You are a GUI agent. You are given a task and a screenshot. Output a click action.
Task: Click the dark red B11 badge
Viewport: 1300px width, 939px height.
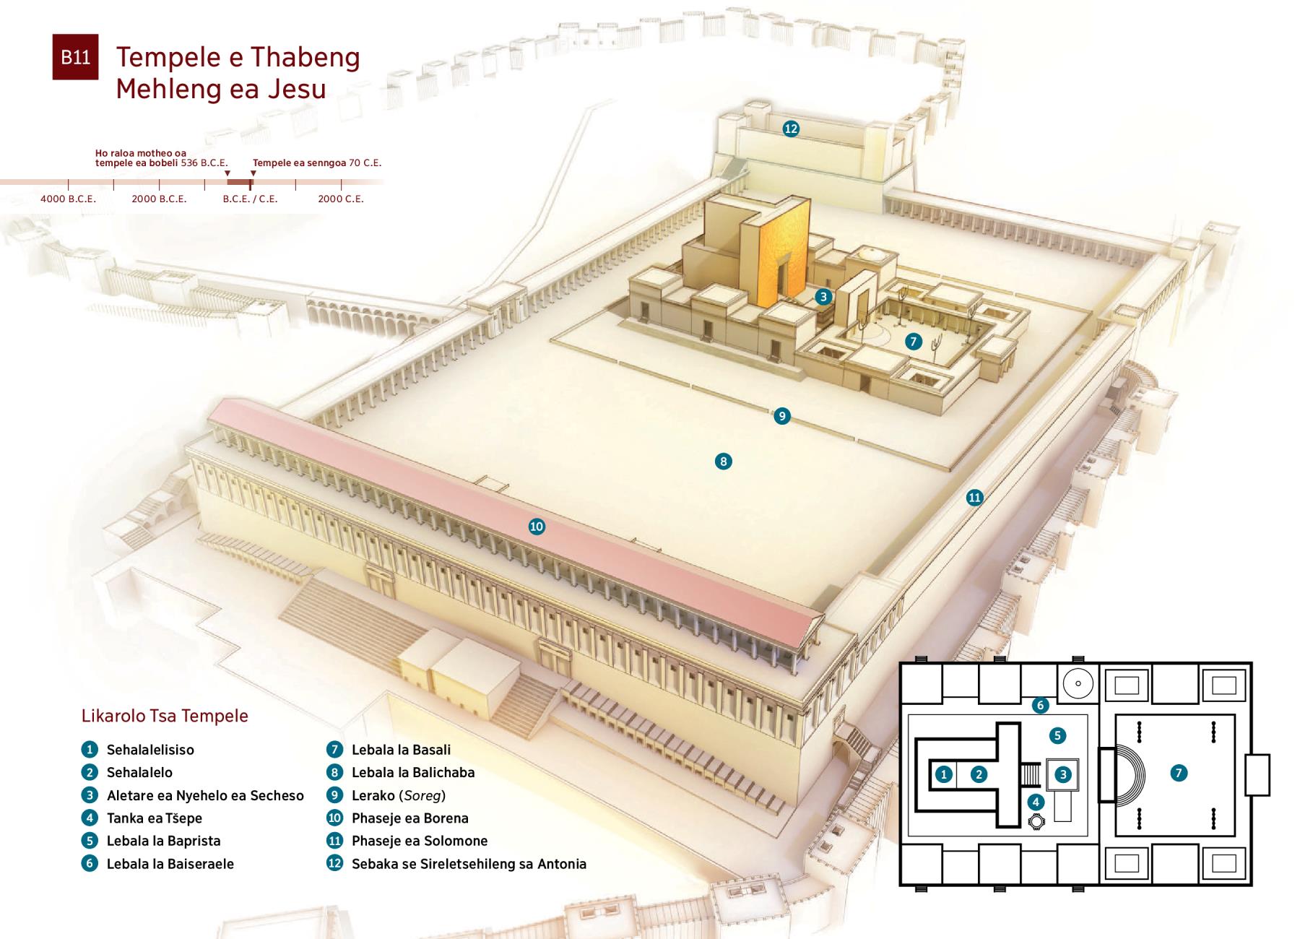coord(75,57)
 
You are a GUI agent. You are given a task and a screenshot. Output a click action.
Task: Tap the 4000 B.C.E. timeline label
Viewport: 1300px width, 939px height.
coord(68,199)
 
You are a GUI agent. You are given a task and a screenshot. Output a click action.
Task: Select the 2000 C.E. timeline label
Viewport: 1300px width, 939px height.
coord(341,199)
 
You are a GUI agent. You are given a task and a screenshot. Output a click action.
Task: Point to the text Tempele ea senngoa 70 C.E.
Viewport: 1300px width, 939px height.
coord(317,163)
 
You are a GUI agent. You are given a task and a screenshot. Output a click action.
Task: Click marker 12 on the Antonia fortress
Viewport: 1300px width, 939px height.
coord(791,129)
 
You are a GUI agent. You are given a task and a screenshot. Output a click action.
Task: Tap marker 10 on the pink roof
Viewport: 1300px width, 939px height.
coord(537,527)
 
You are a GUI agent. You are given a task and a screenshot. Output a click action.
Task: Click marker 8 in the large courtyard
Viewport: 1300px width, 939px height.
coord(723,462)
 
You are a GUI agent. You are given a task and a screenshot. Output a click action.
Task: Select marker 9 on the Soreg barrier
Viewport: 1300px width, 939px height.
coord(781,416)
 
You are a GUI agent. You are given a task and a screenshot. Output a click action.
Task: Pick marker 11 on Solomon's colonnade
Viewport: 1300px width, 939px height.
coord(975,497)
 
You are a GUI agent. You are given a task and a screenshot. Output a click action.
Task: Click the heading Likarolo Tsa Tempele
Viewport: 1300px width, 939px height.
coord(165,716)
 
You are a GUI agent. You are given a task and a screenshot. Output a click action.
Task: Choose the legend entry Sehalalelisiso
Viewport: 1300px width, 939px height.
coord(150,750)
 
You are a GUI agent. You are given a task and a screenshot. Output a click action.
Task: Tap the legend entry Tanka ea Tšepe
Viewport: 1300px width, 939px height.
coord(155,818)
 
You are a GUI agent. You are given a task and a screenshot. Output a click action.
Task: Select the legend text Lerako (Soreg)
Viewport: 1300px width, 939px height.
coord(399,795)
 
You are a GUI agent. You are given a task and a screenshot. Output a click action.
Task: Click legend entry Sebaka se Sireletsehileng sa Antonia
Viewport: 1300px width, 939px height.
coord(469,864)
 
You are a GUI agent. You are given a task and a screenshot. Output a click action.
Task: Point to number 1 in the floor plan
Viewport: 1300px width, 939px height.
coord(943,775)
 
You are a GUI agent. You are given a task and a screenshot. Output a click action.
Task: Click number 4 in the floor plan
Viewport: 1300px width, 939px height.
coord(1036,802)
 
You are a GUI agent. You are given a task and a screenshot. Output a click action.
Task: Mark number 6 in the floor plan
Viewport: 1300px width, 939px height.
coord(1040,705)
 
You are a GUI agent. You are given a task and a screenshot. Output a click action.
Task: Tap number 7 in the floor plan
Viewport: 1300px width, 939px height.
coord(1179,773)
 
